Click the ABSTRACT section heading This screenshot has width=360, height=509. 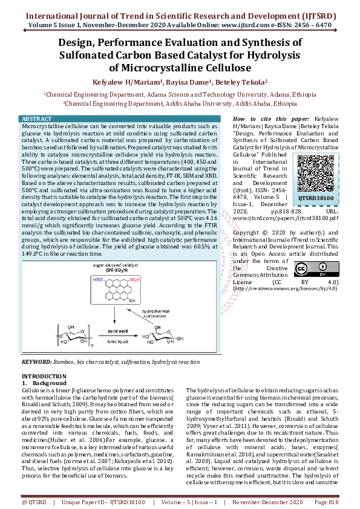tap(37, 118)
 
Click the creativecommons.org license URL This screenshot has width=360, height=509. tap(284, 288)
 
